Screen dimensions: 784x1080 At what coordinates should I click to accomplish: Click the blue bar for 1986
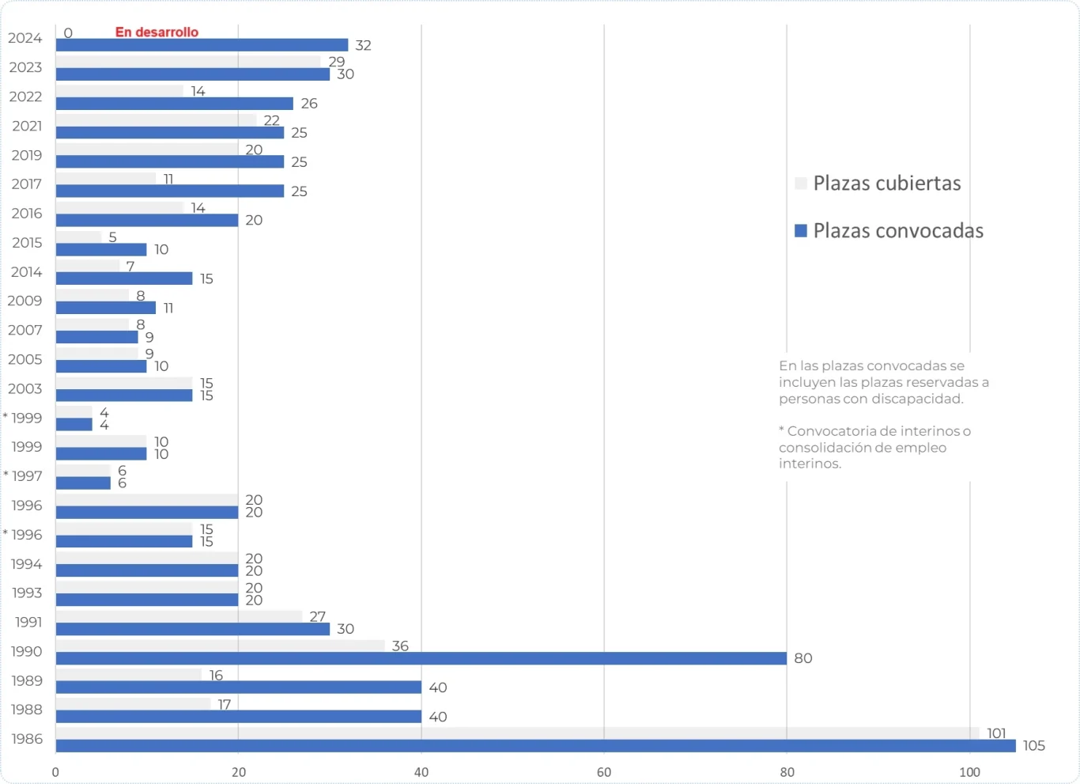[535, 746]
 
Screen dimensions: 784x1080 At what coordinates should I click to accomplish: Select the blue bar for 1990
[421, 658]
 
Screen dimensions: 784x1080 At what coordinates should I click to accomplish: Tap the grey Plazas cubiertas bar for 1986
[517, 733]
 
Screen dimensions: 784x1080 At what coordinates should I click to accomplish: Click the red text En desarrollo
[157, 32]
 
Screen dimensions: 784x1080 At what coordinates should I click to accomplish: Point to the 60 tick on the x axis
[604, 772]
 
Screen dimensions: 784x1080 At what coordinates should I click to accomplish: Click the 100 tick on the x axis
[969, 772]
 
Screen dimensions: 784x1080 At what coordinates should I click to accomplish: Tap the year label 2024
[25, 38]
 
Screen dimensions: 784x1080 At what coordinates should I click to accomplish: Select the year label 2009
[25, 301]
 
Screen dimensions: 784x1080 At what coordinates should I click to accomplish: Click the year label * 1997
[24, 476]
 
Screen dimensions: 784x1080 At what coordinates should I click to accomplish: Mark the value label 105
[1033, 746]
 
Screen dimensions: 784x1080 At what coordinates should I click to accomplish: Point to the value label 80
[802, 658]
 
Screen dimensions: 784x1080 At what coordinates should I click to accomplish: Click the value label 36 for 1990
[400, 646]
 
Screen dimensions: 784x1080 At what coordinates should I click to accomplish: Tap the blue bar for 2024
[202, 45]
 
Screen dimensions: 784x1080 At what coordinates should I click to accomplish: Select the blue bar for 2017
[169, 191]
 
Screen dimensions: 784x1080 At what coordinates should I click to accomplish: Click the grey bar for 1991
[179, 616]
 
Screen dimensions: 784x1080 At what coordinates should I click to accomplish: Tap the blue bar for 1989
[238, 687]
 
